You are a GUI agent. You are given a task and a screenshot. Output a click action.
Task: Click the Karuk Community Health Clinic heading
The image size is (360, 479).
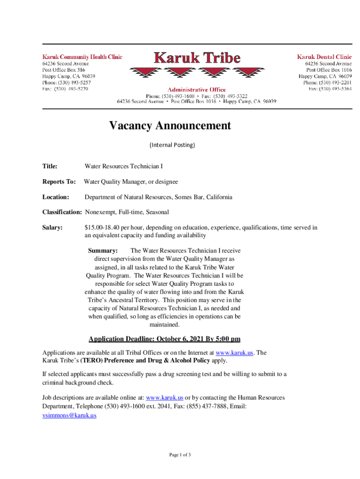click(x=83, y=57)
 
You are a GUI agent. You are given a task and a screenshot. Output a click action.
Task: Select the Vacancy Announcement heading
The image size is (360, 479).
click(x=170, y=126)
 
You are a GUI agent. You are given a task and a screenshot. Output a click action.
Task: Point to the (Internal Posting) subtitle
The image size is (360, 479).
click(x=172, y=145)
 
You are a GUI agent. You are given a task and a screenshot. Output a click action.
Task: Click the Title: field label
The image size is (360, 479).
click(x=50, y=166)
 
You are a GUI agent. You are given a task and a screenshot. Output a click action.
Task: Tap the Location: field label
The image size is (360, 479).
click(x=56, y=197)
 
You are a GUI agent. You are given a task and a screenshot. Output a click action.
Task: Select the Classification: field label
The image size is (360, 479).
click(x=62, y=212)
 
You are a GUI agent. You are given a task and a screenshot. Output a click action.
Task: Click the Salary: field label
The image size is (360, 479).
click(x=53, y=228)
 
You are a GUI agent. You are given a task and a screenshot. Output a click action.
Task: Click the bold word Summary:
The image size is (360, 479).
click(x=103, y=251)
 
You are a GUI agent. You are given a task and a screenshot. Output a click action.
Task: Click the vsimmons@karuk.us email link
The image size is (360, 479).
click(x=69, y=415)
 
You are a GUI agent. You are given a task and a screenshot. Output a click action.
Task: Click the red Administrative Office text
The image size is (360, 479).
click(x=197, y=89)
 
